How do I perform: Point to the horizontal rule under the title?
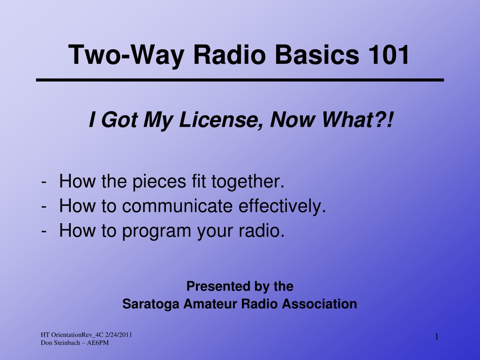(240, 80)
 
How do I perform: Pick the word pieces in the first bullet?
(159, 182)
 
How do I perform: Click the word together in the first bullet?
(248, 182)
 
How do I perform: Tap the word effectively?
(282, 206)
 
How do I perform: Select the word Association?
(319, 304)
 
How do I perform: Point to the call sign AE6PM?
(97, 343)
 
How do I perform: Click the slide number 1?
(437, 337)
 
